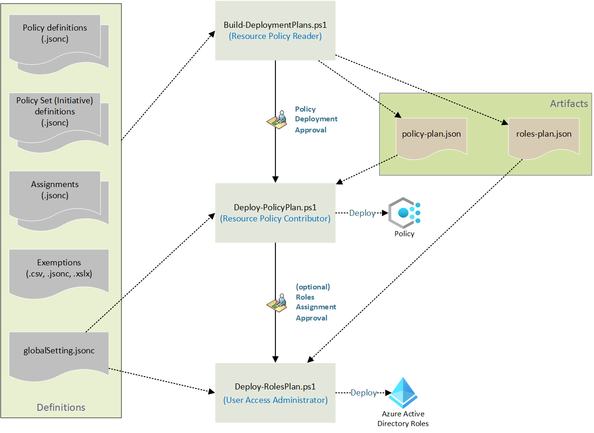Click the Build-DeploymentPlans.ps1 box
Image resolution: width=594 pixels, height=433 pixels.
tap(275, 31)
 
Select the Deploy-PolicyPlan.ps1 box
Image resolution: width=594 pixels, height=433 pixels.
tap(275, 213)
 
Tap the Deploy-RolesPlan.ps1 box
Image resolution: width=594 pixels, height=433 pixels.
tap(275, 393)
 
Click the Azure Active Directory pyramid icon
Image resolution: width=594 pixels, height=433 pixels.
tap(403, 393)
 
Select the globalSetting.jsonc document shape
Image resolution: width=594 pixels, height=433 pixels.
tap(59, 353)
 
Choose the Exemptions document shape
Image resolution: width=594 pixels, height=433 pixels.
tap(59, 271)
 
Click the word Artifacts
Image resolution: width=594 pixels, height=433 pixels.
tap(569, 103)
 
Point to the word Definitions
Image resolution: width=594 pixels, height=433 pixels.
tap(61, 408)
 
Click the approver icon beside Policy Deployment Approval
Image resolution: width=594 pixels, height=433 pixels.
tap(277, 119)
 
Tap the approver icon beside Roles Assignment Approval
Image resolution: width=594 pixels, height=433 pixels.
tap(277, 302)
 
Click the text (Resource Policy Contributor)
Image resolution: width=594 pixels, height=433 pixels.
tap(275, 219)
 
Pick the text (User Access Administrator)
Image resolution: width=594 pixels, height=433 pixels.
tap(275, 400)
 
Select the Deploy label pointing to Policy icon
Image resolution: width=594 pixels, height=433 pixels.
tap(362, 213)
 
